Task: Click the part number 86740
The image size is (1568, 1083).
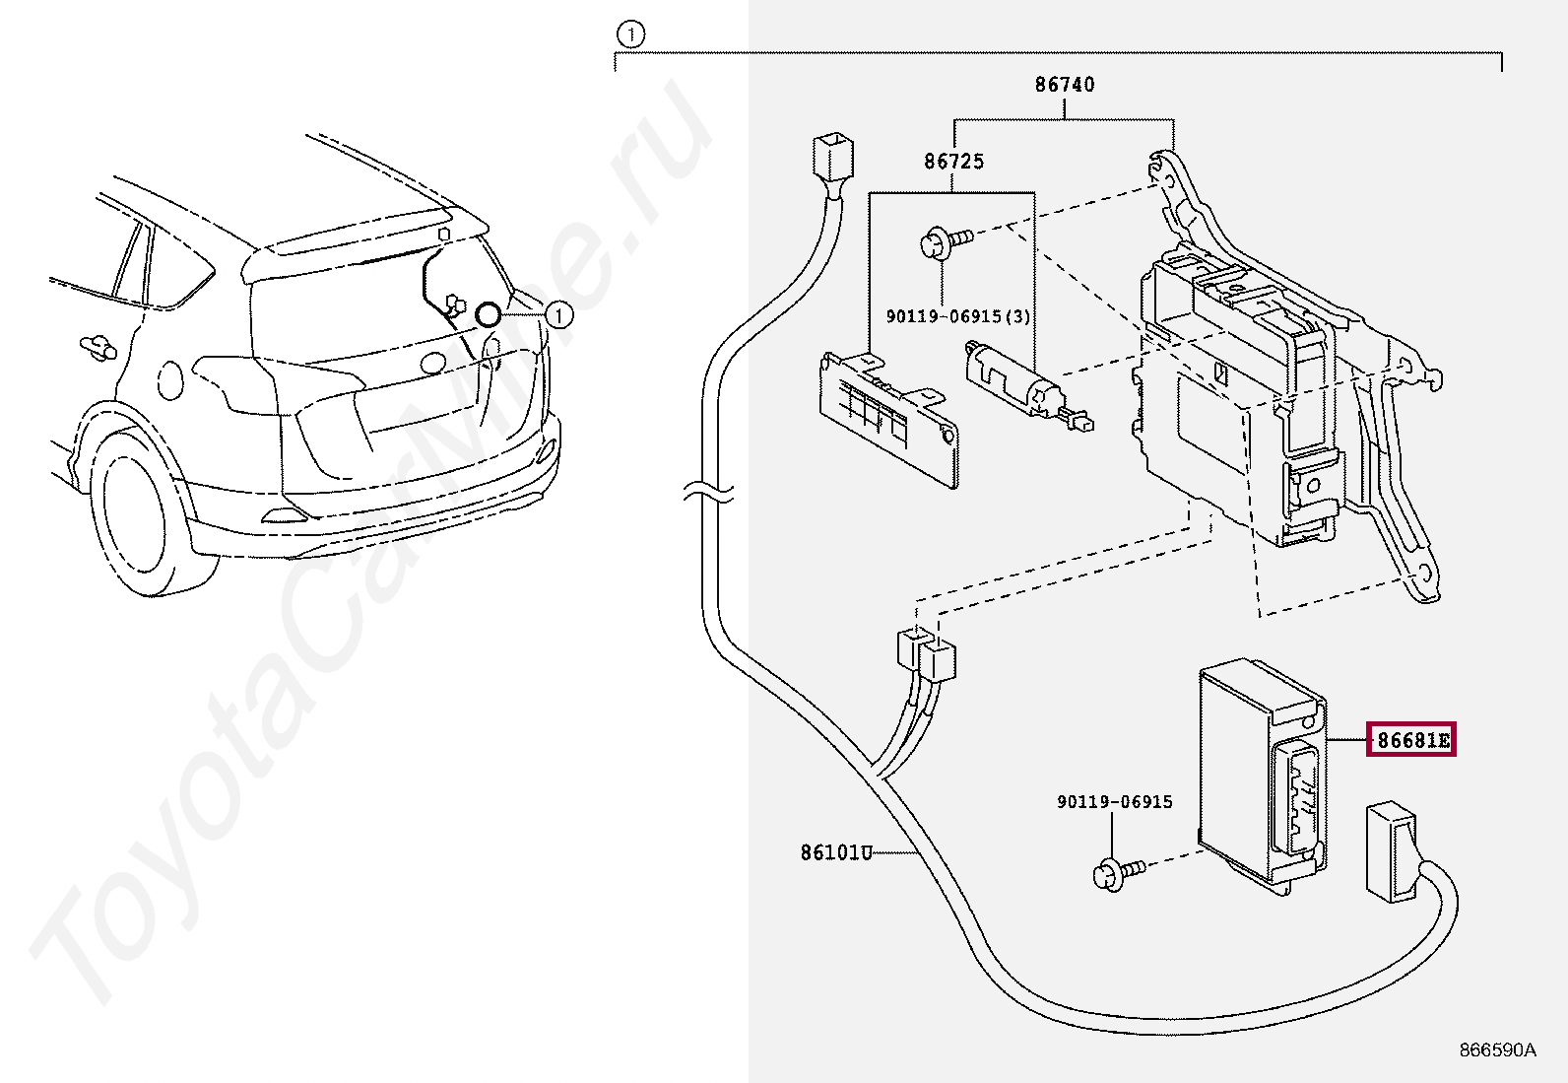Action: click(x=1064, y=85)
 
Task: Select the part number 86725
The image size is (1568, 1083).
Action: click(x=953, y=161)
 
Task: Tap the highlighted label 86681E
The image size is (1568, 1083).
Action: click(x=1411, y=739)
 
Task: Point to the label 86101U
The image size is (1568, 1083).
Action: click(x=835, y=852)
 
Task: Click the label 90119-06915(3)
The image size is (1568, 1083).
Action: click(x=957, y=316)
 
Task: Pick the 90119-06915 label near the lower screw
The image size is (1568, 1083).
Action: click(x=1114, y=802)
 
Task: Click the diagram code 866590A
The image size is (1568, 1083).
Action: click(x=1496, y=1050)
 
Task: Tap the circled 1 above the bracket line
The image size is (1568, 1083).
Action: click(x=630, y=35)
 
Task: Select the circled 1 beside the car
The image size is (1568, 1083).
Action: click(x=558, y=315)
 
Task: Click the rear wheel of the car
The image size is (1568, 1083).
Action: click(x=138, y=517)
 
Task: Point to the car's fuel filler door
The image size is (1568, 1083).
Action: click(x=170, y=379)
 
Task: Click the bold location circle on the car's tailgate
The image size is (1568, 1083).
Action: click(x=488, y=315)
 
